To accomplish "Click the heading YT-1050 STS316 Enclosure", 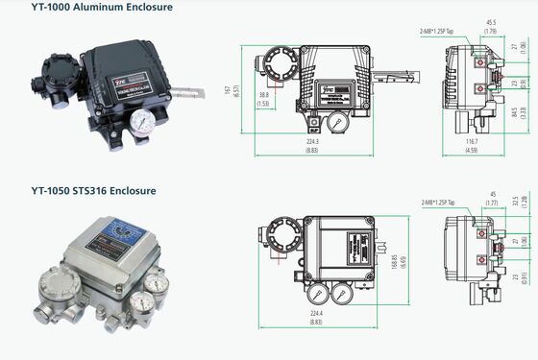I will coord(93,190).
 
